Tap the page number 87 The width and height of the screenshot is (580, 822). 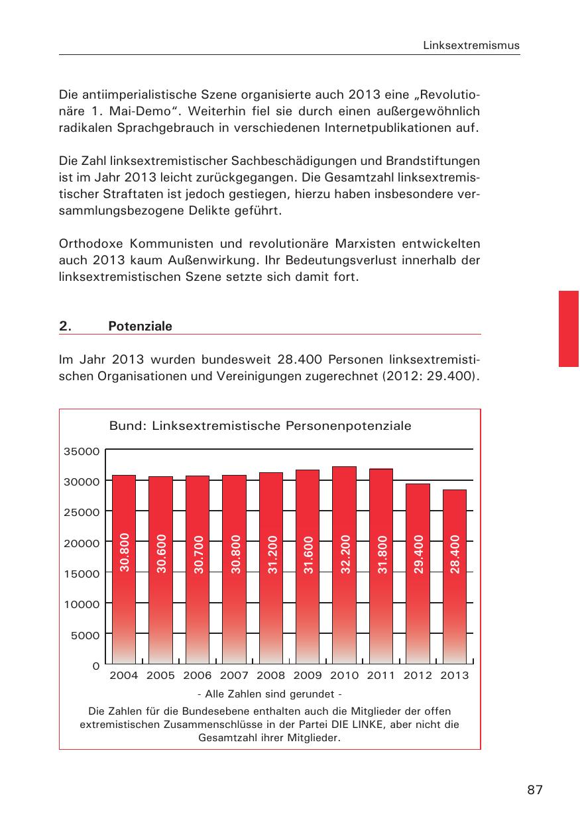click(535, 790)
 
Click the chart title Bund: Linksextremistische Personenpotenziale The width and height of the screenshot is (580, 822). click(260, 426)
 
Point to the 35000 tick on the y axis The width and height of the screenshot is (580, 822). click(82, 451)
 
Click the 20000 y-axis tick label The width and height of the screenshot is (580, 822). click(82, 542)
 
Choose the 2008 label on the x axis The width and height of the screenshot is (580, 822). click(270, 676)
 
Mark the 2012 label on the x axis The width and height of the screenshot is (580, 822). click(418, 676)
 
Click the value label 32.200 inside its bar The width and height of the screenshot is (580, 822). click(345, 552)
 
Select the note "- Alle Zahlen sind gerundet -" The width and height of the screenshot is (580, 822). click(269, 694)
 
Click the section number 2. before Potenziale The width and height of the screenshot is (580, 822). click(64, 327)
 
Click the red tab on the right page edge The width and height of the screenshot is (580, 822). click(569, 328)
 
